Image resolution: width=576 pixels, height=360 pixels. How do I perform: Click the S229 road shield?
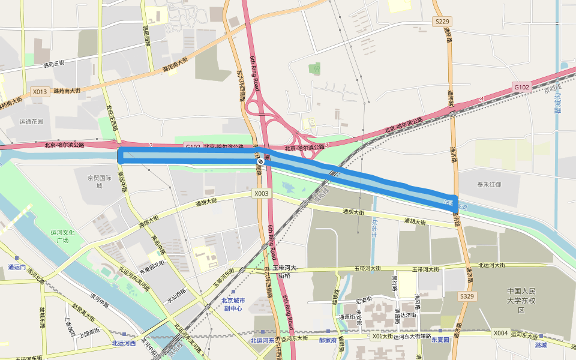pyautogui.click(x=442, y=21)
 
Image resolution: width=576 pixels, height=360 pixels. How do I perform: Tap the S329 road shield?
pyautogui.click(x=467, y=296)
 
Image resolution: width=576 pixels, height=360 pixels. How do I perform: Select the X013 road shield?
pyautogui.click(x=40, y=92)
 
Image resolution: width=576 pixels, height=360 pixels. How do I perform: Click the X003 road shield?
pyautogui.click(x=261, y=193)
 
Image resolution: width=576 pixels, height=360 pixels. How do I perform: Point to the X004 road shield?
pyautogui.click(x=500, y=332)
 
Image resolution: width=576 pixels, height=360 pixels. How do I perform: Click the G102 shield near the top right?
pyautogui.click(x=521, y=87)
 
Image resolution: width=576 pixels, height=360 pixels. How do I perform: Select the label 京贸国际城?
pyautogui.click(x=100, y=181)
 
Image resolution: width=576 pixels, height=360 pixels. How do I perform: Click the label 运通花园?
pyautogui.click(x=31, y=121)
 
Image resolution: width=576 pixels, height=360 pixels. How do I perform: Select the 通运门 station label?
pyautogui.click(x=17, y=266)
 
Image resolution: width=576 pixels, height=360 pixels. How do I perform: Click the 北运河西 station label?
pyautogui.click(x=124, y=343)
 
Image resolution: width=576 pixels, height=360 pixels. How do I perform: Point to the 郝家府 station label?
pyautogui.click(x=328, y=340)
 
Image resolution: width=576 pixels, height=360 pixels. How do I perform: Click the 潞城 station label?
pyautogui.click(x=541, y=344)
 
